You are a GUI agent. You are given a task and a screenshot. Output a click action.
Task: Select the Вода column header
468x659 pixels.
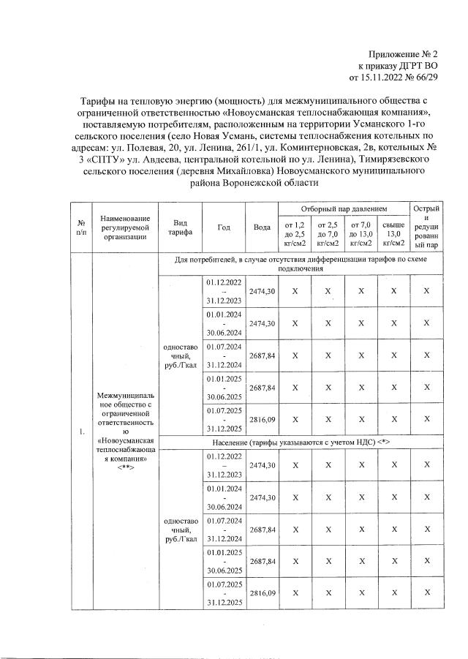(x=262, y=227)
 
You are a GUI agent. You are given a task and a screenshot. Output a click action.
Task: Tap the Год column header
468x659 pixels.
(x=225, y=227)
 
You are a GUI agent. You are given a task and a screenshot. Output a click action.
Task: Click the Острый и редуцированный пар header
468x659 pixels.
(x=426, y=227)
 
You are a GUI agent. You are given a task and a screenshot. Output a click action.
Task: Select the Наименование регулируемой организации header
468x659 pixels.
(x=127, y=227)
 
